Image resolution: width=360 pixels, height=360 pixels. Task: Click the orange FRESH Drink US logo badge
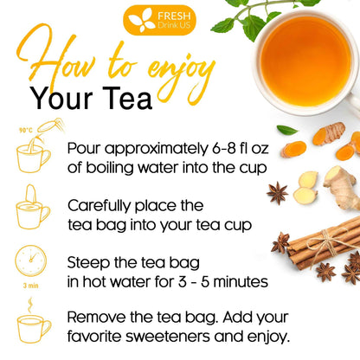(159, 18)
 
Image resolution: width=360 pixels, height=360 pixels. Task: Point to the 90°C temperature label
(26, 131)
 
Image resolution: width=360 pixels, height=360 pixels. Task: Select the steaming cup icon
(34, 325)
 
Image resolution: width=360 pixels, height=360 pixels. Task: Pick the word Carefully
(102, 205)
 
